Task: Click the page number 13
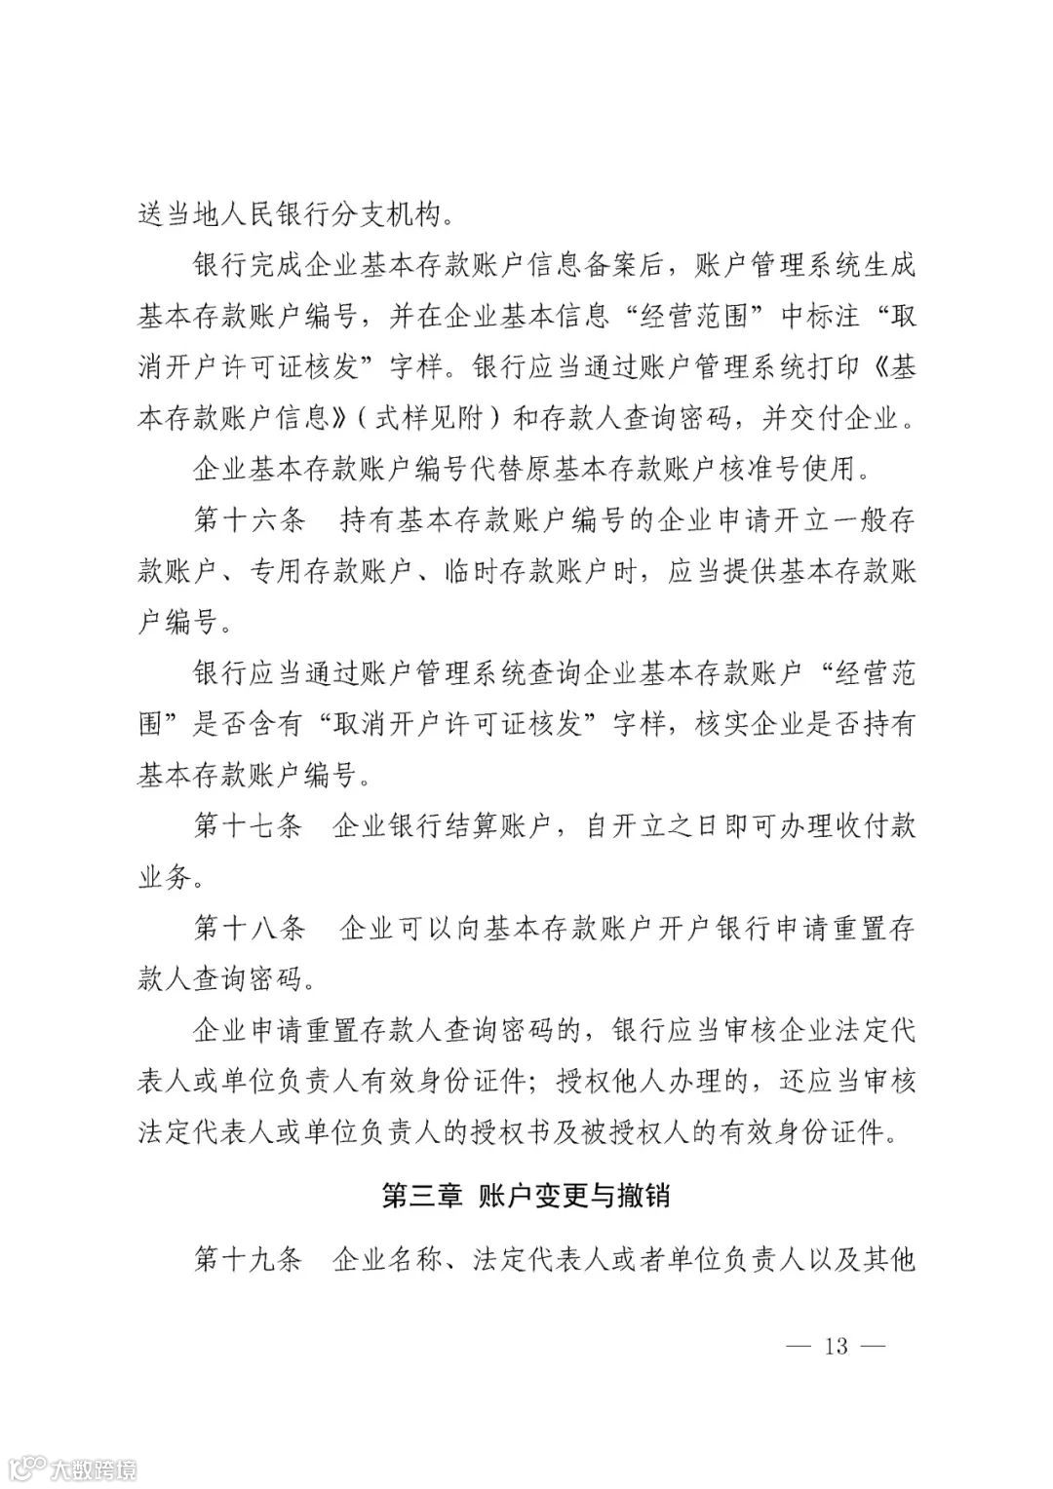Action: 837,1347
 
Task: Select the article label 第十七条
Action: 250,827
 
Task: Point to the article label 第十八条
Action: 250,929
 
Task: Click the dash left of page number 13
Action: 798,1347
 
